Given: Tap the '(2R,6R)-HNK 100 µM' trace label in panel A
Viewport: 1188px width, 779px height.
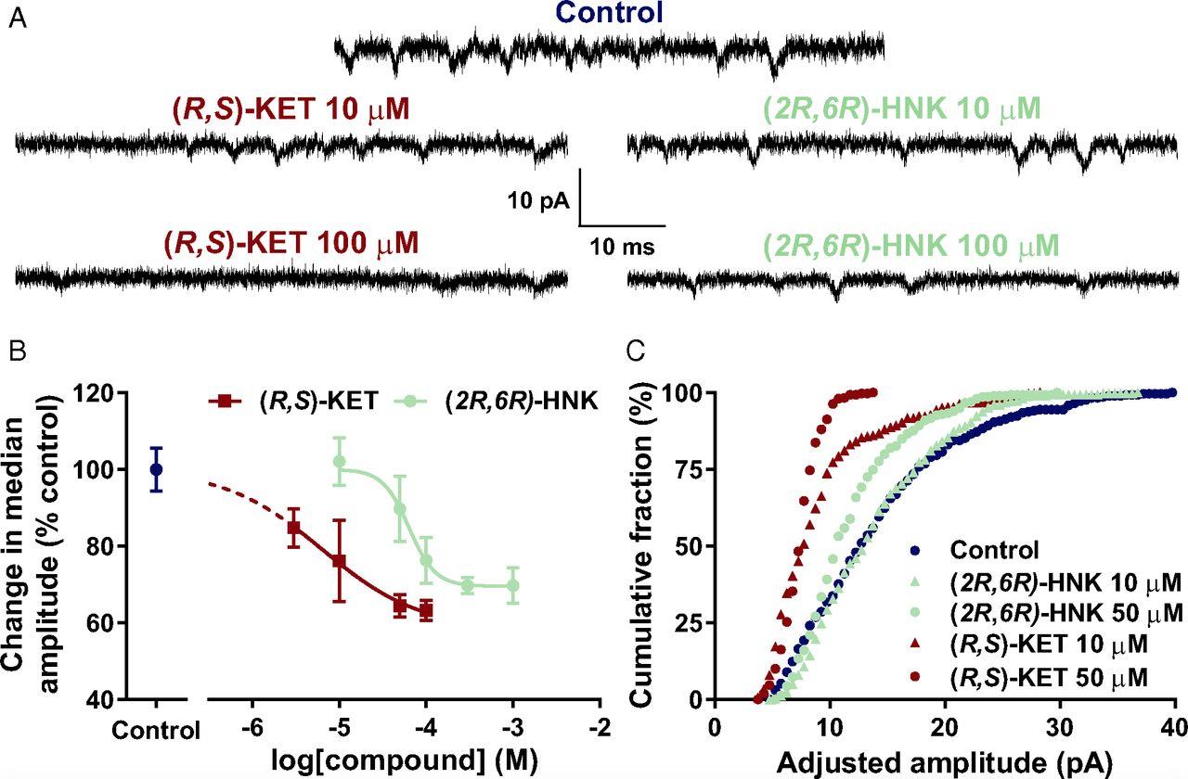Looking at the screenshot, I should tap(910, 245).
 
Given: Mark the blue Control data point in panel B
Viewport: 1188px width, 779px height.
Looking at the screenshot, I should tap(156, 469).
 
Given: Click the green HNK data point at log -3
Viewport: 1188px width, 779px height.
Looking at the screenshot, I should tap(512, 585).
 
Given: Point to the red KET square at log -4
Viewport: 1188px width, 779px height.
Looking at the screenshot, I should tap(426, 610).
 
